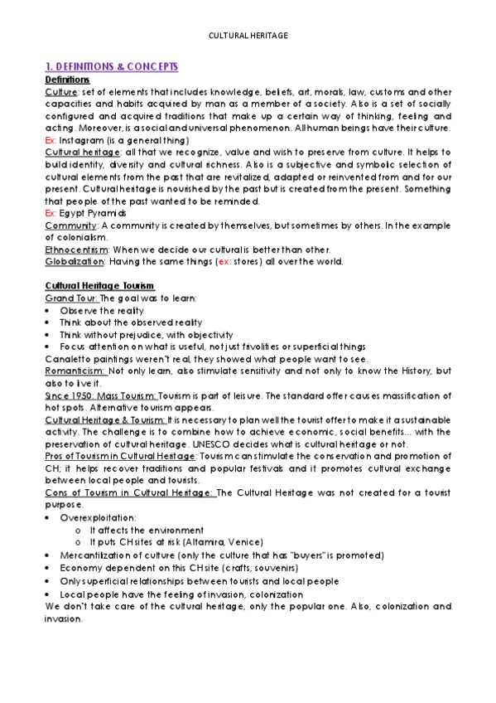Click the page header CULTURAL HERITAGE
[x=248, y=36]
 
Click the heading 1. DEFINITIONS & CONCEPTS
[x=112, y=66]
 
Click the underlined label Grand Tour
[x=71, y=298]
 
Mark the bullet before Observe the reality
[x=51, y=310]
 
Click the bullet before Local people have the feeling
[x=51, y=594]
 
